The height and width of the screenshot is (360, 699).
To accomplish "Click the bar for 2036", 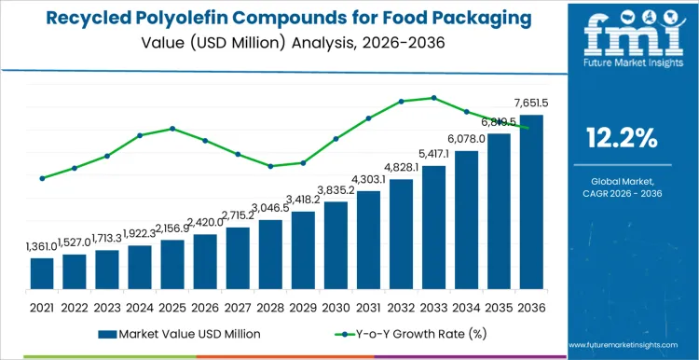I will (531, 201).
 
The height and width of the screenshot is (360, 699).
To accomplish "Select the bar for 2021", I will (42, 272).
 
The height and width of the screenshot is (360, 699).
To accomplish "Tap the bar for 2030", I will (336, 244).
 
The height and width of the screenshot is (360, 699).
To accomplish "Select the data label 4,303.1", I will (369, 179).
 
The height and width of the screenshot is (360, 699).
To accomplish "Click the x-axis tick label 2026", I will (205, 306).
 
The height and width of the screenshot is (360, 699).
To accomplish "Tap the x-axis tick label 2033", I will (433, 306).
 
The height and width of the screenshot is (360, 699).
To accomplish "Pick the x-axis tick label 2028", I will (270, 306).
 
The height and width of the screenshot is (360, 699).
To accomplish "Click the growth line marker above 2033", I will (433, 97).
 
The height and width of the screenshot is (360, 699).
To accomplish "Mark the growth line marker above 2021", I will (42, 178).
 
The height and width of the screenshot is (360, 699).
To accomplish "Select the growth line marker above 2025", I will (172, 129).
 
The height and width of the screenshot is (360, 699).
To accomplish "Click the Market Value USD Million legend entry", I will (176, 333).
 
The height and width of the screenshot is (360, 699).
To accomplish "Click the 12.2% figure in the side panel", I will (623, 139).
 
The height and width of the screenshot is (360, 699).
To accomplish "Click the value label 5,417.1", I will (434, 154).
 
